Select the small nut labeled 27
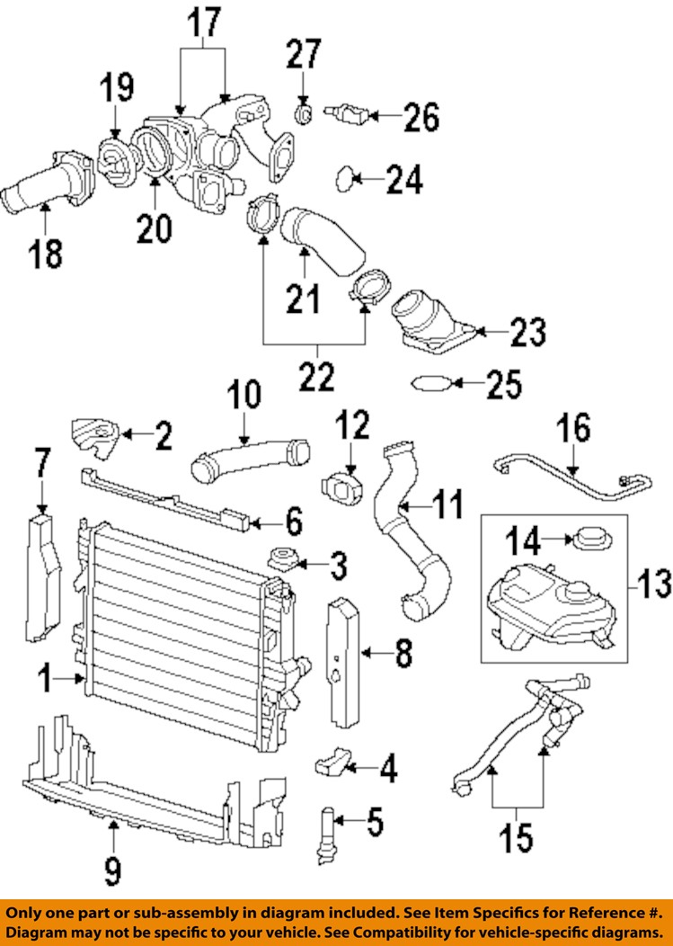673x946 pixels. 304,113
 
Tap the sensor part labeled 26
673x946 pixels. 345,114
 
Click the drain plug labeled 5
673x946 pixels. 327,831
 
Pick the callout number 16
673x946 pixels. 575,428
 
